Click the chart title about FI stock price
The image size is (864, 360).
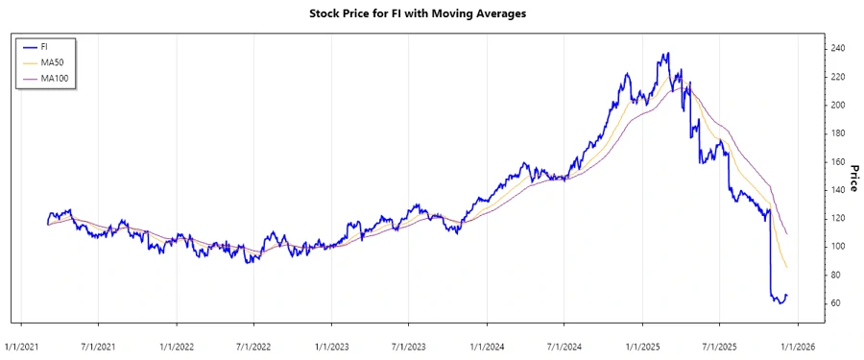pyautogui.click(x=431, y=13)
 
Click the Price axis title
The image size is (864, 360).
pyautogui.click(x=852, y=176)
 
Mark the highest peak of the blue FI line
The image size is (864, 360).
pyautogui.click(x=667, y=53)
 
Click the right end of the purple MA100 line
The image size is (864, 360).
pyautogui.click(x=787, y=234)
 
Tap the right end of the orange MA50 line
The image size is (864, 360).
pyautogui.click(x=787, y=268)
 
